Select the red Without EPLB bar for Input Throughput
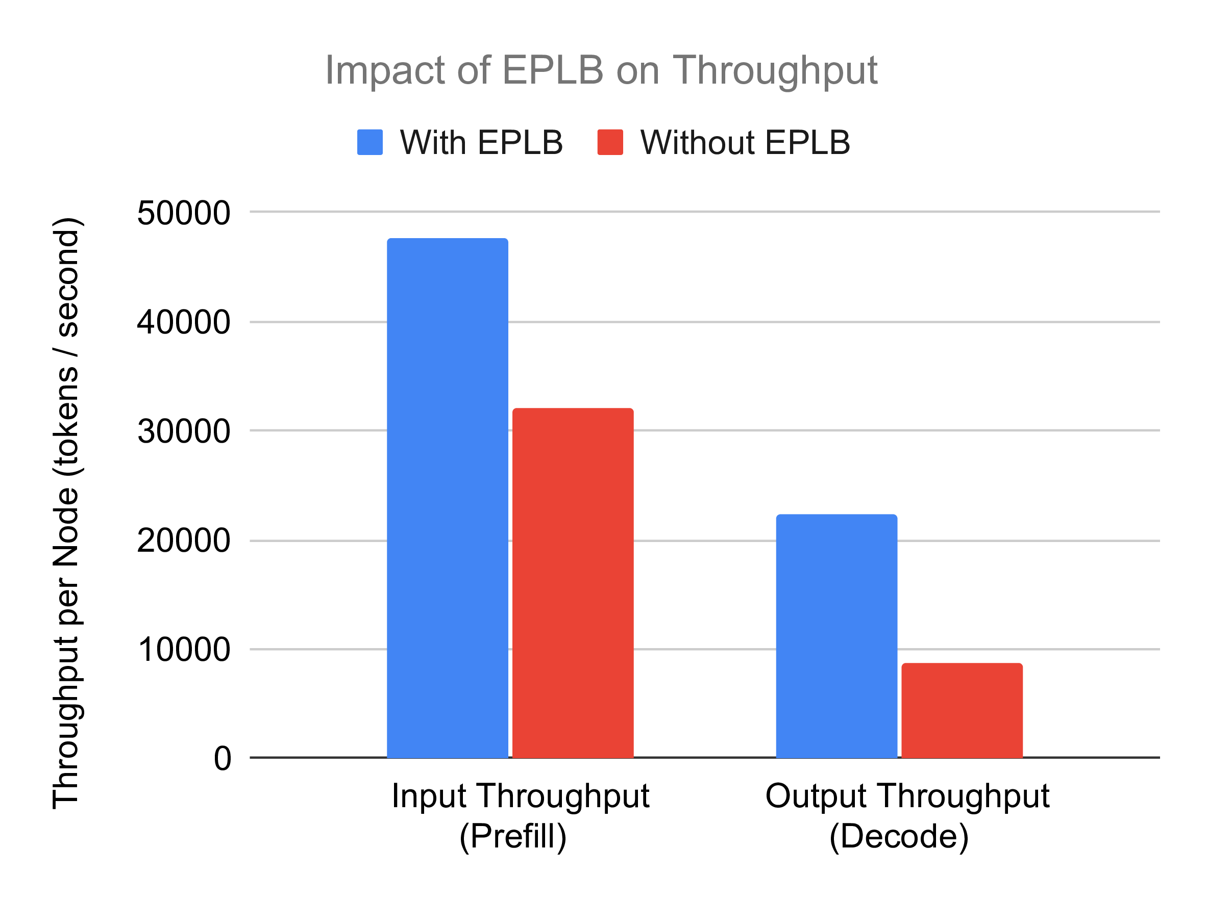[x=573, y=583]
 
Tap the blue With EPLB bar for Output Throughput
[x=836, y=636]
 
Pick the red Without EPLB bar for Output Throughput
[x=962, y=710]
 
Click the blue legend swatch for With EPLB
[x=370, y=142]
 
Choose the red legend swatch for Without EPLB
[x=610, y=142]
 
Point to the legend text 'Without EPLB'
[x=745, y=143]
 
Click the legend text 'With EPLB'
[x=481, y=143]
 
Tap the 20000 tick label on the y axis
[x=183, y=541]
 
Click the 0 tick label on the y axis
[x=223, y=758]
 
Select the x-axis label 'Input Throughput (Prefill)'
[x=520, y=815]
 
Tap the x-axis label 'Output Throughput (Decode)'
[x=907, y=815]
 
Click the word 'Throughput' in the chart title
[x=775, y=70]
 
